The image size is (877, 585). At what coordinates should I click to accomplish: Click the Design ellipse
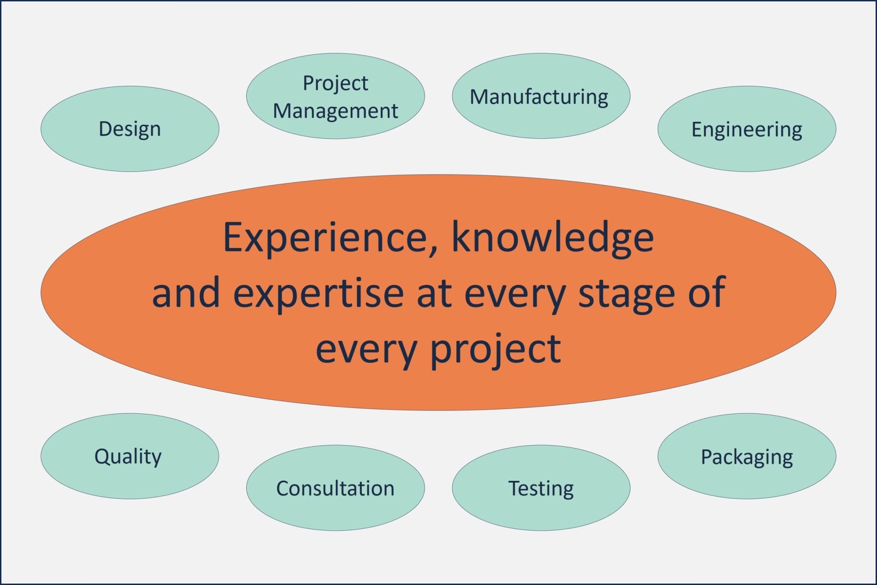(130, 129)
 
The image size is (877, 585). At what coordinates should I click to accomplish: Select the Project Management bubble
(335, 96)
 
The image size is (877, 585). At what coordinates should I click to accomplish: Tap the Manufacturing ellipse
(541, 96)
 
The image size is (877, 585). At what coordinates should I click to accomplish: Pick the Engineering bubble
(747, 129)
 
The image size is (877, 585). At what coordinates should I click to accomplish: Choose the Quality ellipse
(130, 456)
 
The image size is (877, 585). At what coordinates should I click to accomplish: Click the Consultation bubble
(335, 488)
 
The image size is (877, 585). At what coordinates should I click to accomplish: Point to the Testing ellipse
(541, 488)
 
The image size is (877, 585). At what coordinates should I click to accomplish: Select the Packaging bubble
(747, 456)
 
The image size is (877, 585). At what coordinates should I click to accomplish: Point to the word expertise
(318, 295)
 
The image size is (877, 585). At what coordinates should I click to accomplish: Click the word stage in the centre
(627, 295)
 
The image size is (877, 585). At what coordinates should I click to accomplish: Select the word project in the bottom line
(496, 349)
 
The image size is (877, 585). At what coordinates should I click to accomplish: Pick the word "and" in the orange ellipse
(186, 292)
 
